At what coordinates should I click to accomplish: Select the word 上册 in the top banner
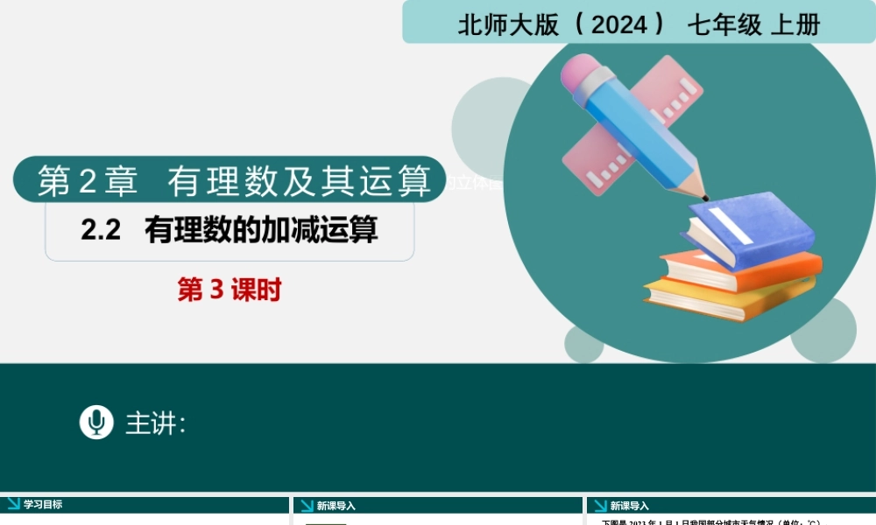pos(795,24)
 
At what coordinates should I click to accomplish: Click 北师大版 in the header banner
pos(507,24)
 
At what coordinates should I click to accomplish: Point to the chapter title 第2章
pos(88,181)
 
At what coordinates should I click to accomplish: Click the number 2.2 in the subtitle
pos(100,230)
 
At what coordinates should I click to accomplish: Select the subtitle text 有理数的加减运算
pos(262,230)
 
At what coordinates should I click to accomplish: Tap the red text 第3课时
pos(230,290)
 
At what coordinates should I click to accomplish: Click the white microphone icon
pos(96,422)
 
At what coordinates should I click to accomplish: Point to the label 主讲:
pos(156,423)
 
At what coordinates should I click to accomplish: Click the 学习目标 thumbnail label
pos(43,505)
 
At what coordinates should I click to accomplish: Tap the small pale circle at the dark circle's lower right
pos(823,331)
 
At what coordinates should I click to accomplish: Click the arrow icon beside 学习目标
pos(13,504)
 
